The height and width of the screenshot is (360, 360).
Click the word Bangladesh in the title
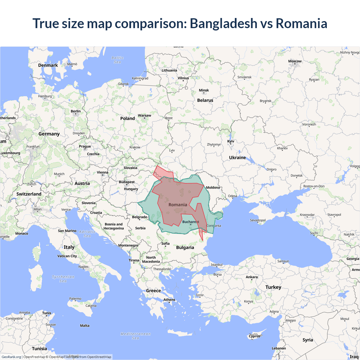pyautogui.click(x=224, y=23)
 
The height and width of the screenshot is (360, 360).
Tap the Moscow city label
pyautogui.click(x=295, y=61)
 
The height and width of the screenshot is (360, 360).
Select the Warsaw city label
pyautogui.click(x=144, y=116)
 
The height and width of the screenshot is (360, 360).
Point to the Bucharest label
pyautogui.click(x=190, y=222)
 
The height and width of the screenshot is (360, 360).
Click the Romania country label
pyautogui.click(x=178, y=205)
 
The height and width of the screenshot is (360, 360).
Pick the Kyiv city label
pyautogui.click(x=231, y=141)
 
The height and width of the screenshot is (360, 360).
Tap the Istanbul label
pyautogui.click(x=217, y=265)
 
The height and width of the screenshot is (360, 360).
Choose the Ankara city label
pyautogui.click(x=252, y=277)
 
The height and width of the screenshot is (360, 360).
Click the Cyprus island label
pyautogui.click(x=255, y=336)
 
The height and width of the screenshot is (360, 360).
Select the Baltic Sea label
pyautogui.click(x=118, y=60)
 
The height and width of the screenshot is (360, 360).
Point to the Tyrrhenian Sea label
pyautogui.click(x=63, y=279)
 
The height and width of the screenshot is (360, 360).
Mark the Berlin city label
pyautogui.click(x=76, y=111)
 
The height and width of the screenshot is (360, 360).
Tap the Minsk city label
pyautogui.click(x=204, y=91)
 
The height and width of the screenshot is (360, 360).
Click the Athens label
pyautogui.click(x=169, y=300)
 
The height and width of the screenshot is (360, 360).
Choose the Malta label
pyautogui.click(x=85, y=326)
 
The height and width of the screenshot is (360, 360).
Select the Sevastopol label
pyautogui.click(x=258, y=220)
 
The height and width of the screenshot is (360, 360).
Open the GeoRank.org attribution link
pyautogui.click(x=11, y=357)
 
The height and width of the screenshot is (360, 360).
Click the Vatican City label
pyautogui.click(x=67, y=256)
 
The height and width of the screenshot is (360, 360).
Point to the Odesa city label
pyautogui.click(x=233, y=196)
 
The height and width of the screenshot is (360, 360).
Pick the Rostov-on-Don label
pyautogui.click(x=314, y=186)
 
